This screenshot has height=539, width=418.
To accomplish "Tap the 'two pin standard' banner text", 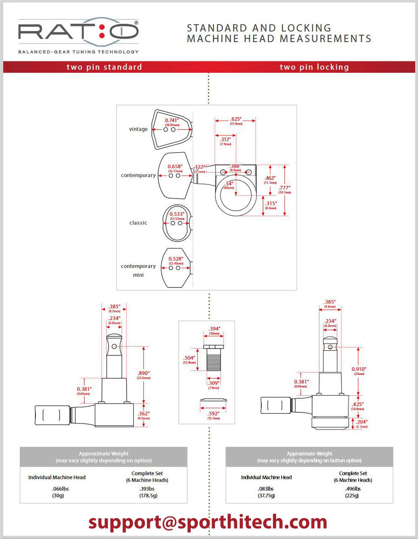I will coord(104,67).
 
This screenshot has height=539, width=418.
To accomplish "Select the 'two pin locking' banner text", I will coord(314,67).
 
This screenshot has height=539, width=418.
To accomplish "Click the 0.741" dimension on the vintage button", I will coord(172,120).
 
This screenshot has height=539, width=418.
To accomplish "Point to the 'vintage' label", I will coord(138,129).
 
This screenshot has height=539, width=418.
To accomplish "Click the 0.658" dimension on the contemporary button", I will coord(175,166).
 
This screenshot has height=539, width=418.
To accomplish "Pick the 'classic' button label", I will coord(138,223).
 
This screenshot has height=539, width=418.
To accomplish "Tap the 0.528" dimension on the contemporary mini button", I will coord(175,259).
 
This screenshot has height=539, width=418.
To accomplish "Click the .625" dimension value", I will coord(235,119).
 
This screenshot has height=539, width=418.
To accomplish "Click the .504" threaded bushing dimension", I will coord(189,358).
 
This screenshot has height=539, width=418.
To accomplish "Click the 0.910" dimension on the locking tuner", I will coord(359,369).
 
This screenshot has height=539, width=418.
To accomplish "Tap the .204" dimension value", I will coord(361,422).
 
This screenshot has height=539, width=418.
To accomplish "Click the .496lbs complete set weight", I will coord(353,489).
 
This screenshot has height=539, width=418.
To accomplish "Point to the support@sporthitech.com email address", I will coord(207,522).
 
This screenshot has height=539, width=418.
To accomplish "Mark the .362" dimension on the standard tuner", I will coord(144,413).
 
